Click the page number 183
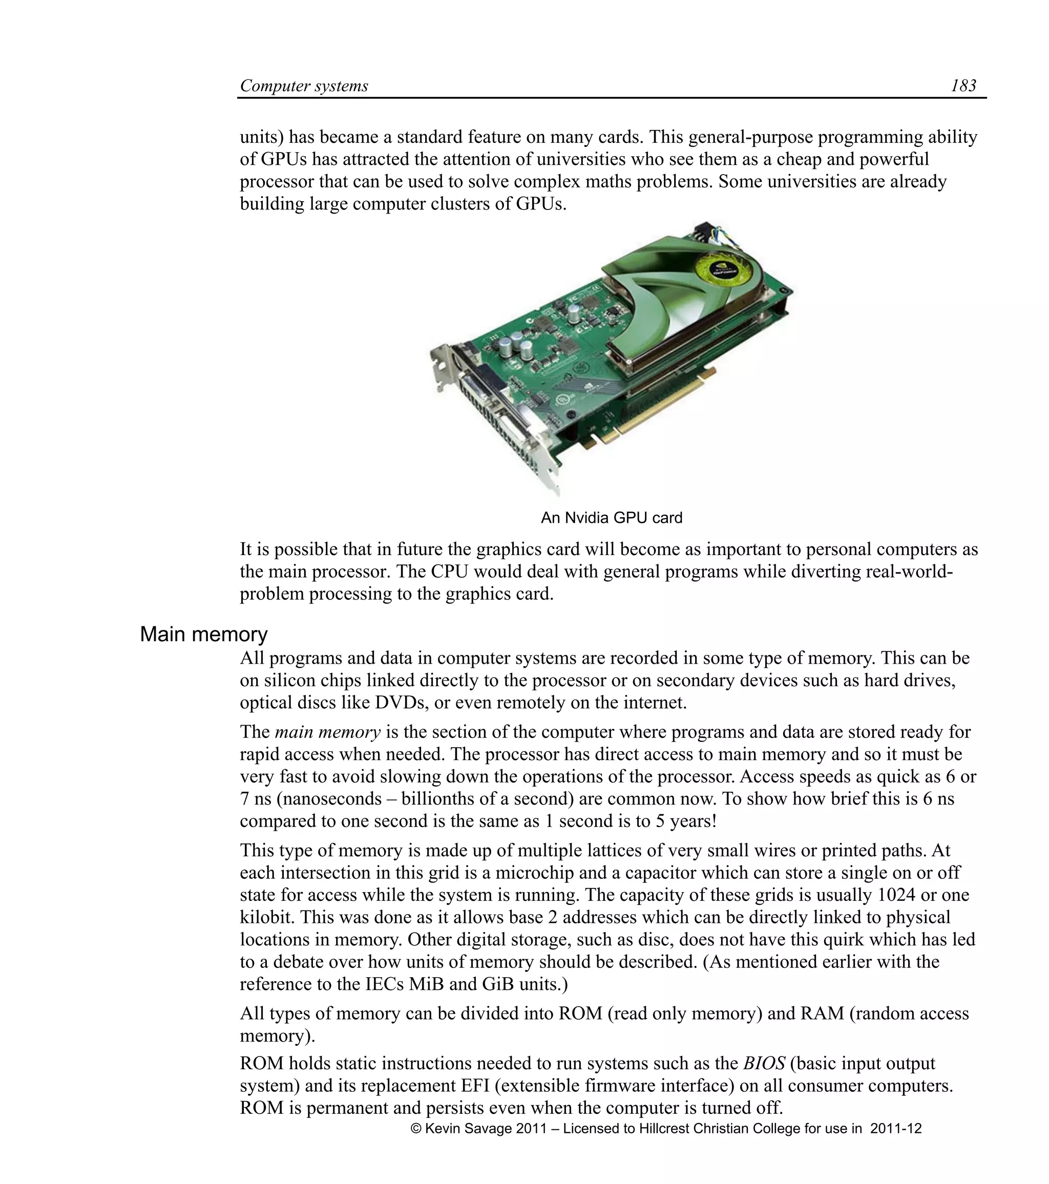(963, 86)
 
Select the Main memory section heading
(203, 635)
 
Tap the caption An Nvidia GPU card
(612, 518)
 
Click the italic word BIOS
(764, 1064)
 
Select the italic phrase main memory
(327, 732)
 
